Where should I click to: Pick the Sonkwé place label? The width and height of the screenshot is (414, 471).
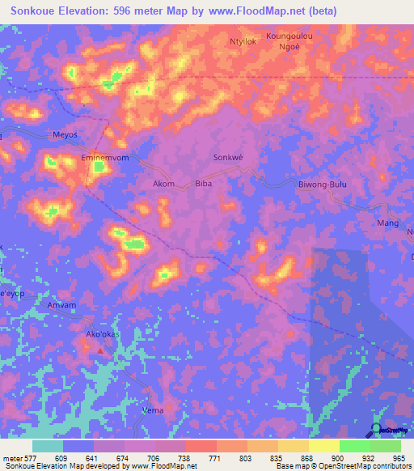(x=227, y=157)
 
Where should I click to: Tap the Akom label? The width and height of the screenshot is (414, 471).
(x=163, y=184)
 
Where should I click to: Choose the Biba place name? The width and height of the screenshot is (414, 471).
(x=204, y=184)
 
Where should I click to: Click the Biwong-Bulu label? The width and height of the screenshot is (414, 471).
(x=322, y=185)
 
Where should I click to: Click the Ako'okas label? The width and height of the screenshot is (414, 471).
(x=101, y=333)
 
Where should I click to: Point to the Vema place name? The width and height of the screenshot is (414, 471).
(x=152, y=410)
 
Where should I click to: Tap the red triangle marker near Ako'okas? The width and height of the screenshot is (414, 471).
(x=100, y=351)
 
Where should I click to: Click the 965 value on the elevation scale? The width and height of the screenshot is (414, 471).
(x=399, y=458)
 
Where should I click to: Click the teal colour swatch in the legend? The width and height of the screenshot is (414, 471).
(x=48, y=446)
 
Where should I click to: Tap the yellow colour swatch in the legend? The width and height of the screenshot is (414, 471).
(x=324, y=446)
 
